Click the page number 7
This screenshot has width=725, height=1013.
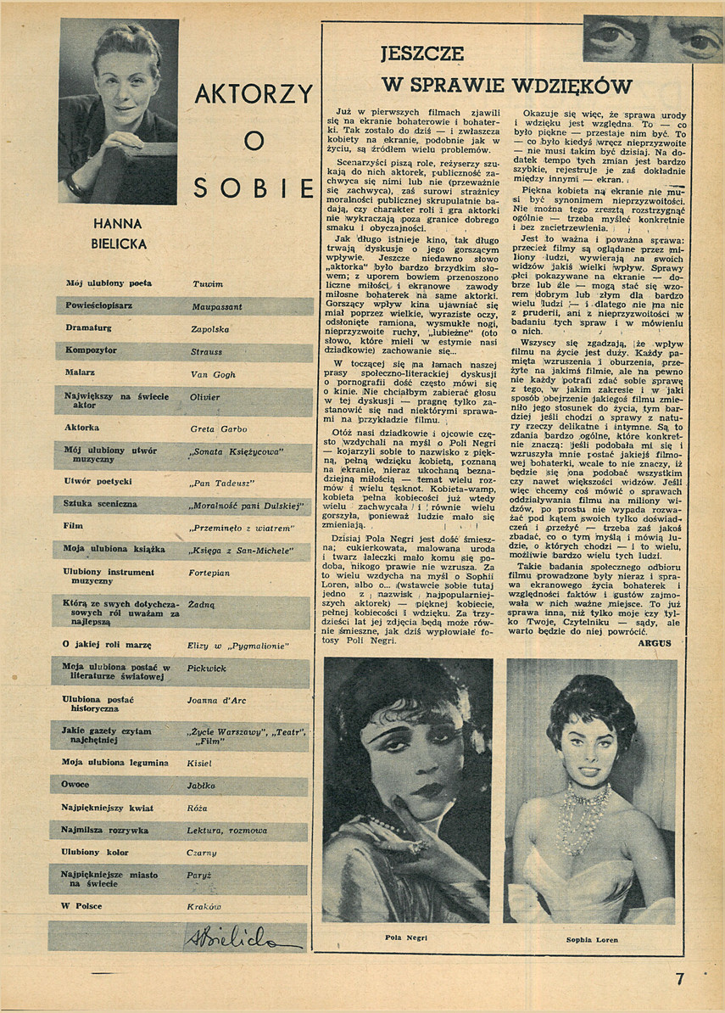679,977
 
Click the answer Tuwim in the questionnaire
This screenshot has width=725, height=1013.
207,283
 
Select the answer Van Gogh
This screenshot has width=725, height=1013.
212,372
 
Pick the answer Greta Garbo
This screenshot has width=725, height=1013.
219,429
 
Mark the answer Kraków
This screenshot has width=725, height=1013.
204,906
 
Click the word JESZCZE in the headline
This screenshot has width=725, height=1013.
421,54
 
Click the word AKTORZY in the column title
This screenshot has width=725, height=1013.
254,93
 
